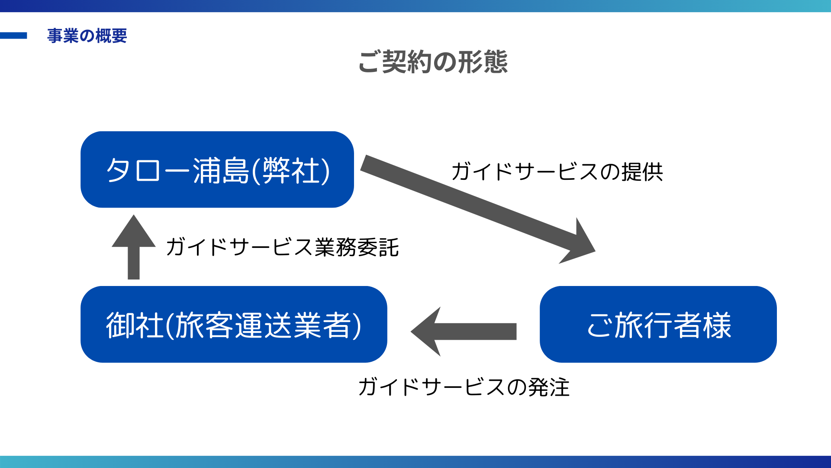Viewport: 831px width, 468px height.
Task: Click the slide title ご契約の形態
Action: [433, 62]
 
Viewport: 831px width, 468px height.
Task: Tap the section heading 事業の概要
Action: [87, 36]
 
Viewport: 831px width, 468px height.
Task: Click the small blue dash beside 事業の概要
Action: [13, 36]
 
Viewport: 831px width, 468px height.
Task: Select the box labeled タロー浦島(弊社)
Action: [217, 169]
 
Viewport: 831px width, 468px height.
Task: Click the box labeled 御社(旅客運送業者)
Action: [234, 324]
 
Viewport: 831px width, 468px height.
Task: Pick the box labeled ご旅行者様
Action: [658, 324]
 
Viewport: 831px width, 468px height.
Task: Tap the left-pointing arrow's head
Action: [426, 331]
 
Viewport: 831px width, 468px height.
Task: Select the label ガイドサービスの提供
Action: [557, 172]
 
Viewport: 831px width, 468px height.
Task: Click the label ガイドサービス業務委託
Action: [282, 247]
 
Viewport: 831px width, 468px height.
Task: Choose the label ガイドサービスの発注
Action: [464, 387]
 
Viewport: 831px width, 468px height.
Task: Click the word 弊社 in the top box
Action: [291, 170]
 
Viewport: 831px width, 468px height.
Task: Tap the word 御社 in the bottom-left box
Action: [135, 325]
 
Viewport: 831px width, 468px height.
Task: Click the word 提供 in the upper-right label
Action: [642, 172]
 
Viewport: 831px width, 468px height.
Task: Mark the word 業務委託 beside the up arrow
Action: [357, 247]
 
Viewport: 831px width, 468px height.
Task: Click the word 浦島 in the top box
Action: [221, 170]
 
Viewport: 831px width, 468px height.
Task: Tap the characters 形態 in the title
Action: [483, 62]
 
